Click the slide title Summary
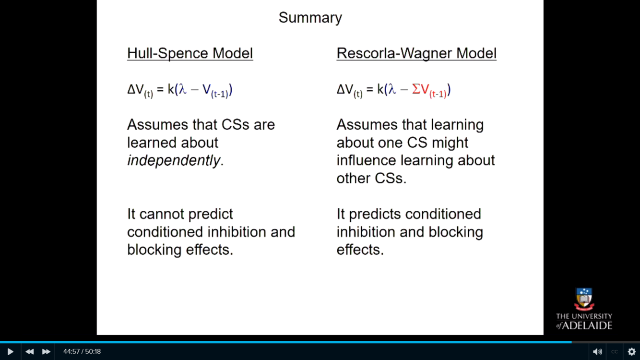click(x=310, y=18)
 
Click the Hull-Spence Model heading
click(x=190, y=53)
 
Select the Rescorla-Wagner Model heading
click(x=416, y=53)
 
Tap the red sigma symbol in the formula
click(x=416, y=89)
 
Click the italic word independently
click(x=174, y=160)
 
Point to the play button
click(x=10, y=351)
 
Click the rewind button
click(x=29, y=351)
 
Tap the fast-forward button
click(x=46, y=351)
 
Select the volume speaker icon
click(x=597, y=351)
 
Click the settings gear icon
click(x=631, y=351)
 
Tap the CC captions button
click(x=614, y=352)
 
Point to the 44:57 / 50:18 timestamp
click(x=82, y=351)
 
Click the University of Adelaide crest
click(x=584, y=299)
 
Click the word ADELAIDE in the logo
click(x=588, y=325)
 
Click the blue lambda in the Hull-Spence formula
click(x=183, y=89)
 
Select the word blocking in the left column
click(x=154, y=250)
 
